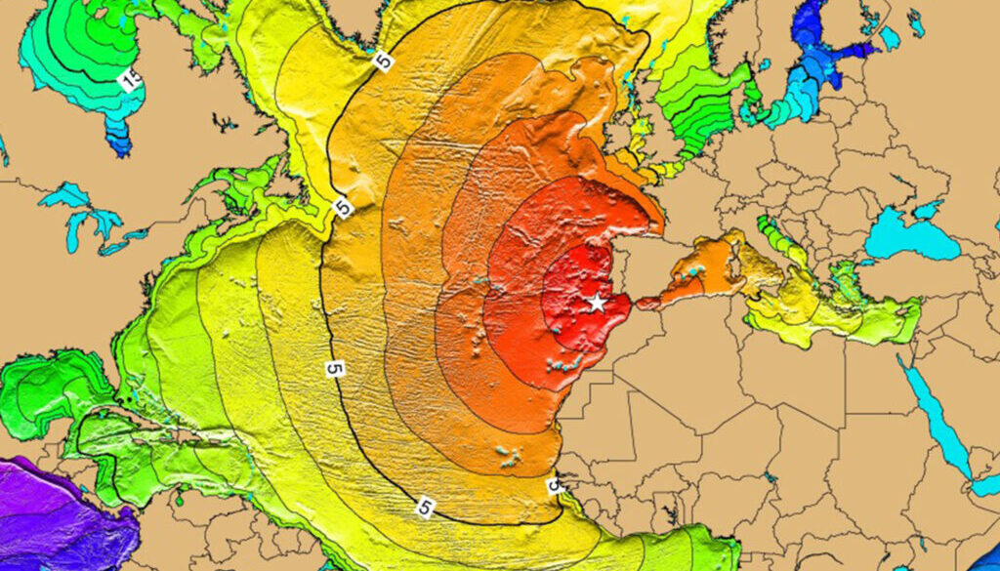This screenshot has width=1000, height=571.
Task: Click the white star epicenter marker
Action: tap(596, 303)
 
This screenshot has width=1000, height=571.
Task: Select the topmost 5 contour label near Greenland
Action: tap(384, 60)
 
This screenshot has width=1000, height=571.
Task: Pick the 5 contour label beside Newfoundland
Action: tap(342, 207)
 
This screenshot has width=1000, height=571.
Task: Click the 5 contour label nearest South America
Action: tap(425, 506)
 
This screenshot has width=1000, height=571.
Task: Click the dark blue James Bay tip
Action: tap(119, 146)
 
